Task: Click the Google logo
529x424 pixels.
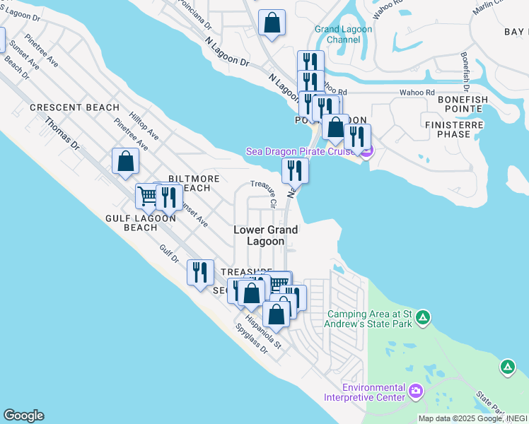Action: coord(23,416)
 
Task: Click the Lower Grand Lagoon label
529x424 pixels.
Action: coord(266,235)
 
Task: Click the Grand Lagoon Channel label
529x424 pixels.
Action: coord(337,35)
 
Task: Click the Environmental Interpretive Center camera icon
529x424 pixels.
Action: coord(415,391)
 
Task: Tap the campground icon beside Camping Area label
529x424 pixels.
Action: coord(422,317)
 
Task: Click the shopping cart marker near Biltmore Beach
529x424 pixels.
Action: coord(147,195)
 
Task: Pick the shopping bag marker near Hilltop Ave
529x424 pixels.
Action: coord(125,160)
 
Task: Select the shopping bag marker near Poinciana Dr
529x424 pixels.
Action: coord(272,21)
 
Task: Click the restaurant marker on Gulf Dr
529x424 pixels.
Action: coord(200,271)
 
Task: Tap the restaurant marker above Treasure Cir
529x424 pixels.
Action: coord(294,170)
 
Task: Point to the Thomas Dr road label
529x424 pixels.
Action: coord(62,133)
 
